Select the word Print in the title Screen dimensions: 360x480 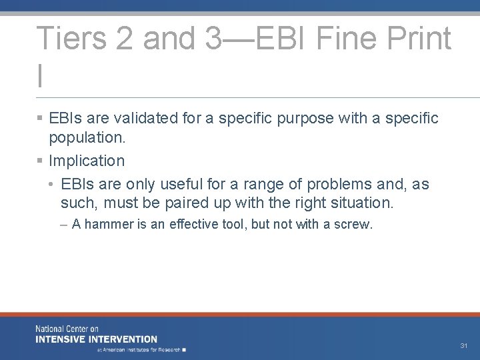pyautogui.click(x=421, y=39)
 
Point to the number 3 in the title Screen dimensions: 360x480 pyautogui.click(x=213, y=39)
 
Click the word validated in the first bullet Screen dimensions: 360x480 pyautogui.click(x=145, y=119)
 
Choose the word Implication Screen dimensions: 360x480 pyautogui.click(x=87, y=161)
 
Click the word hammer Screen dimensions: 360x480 pyautogui.click(x=108, y=225)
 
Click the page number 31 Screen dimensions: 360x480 pyautogui.click(x=464, y=346)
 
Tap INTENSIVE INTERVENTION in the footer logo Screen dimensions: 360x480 pyautogui.click(x=97, y=339)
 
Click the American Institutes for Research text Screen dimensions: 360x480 pyautogui.click(x=140, y=349)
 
